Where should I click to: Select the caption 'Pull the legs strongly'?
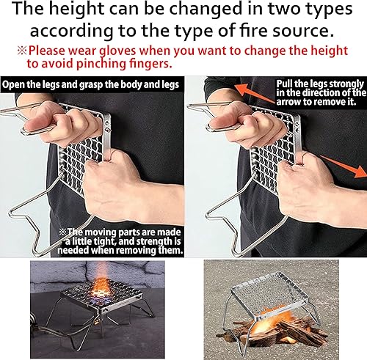pyautogui.click(x=319, y=84)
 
